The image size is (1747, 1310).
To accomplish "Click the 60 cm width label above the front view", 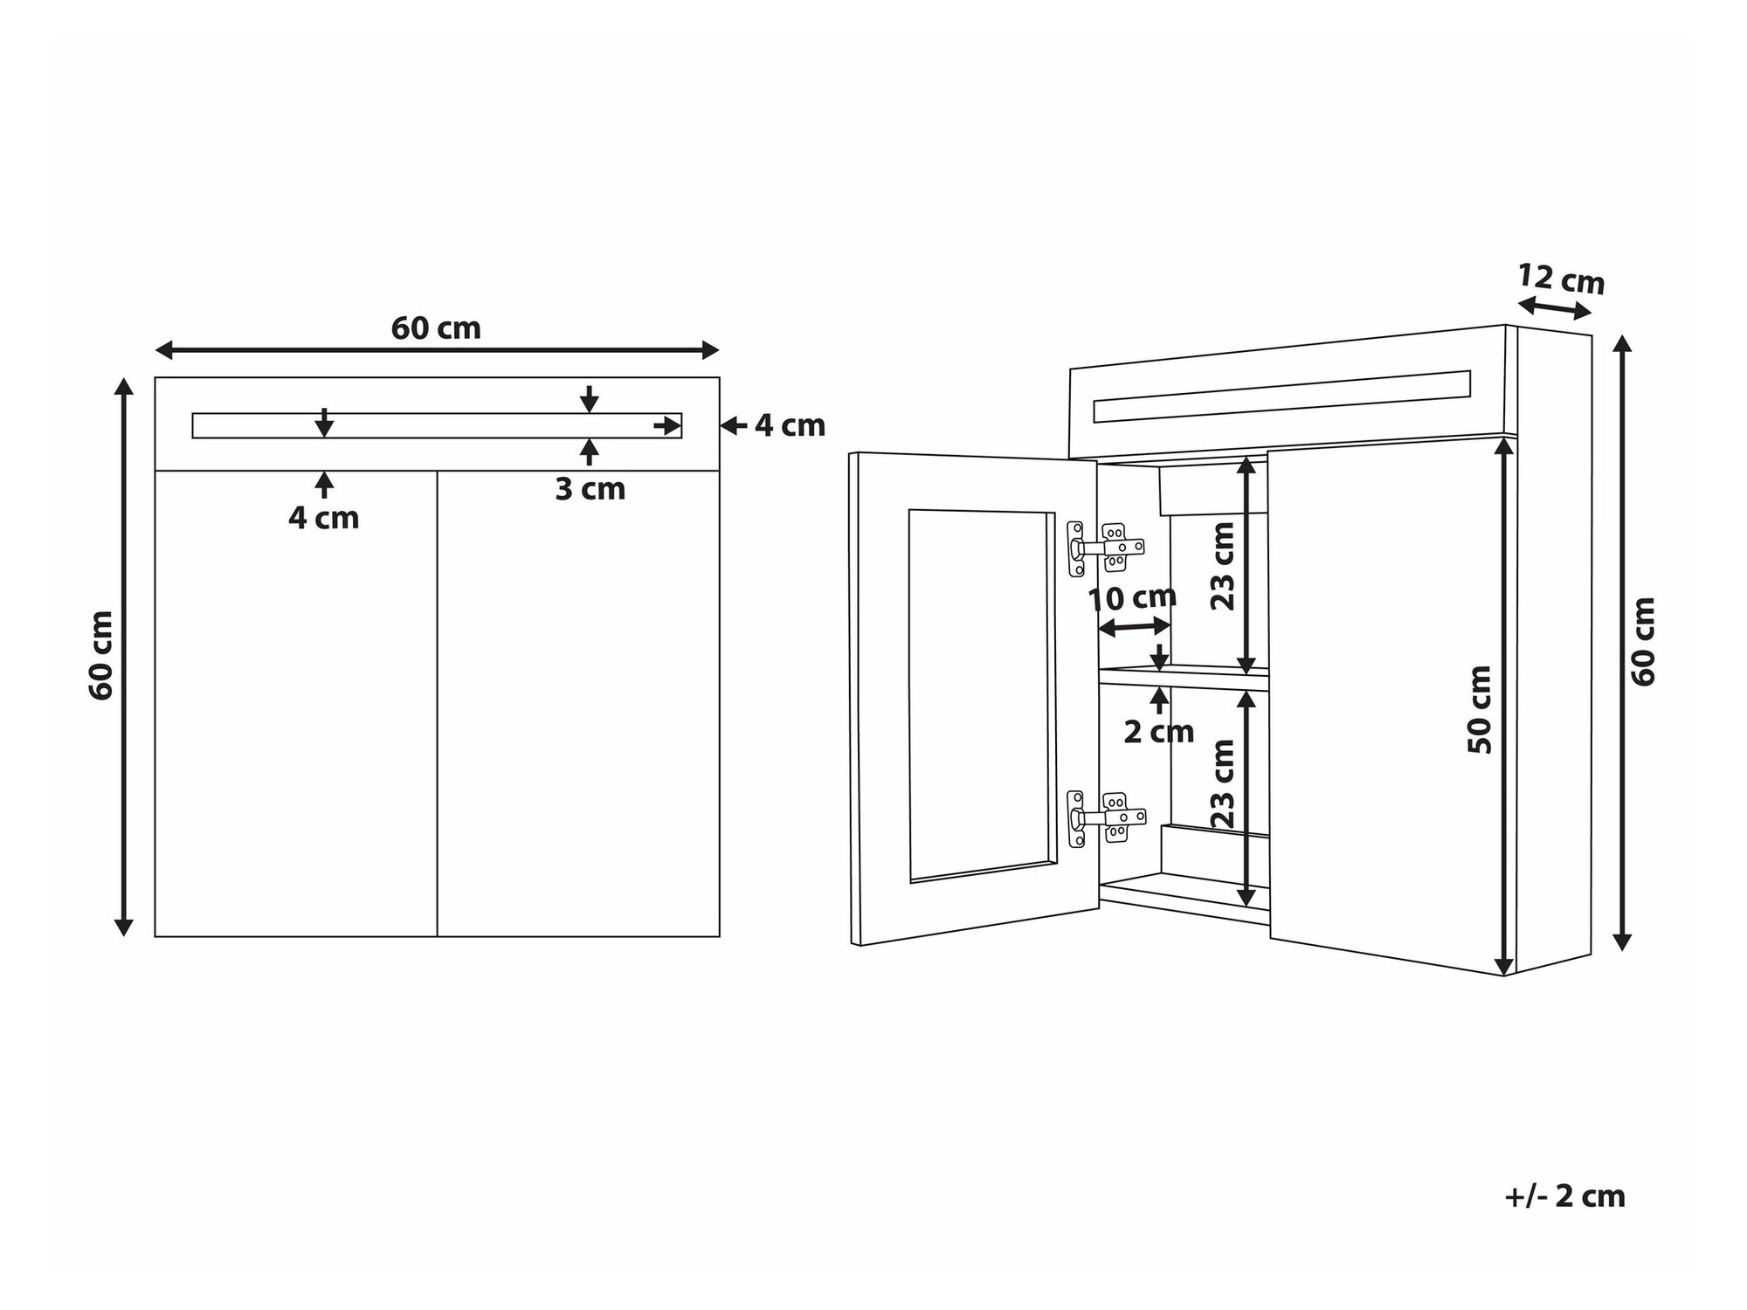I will click(436, 328).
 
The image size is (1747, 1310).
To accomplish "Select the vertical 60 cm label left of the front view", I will click(101, 655).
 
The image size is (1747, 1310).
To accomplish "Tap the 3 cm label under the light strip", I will click(590, 489).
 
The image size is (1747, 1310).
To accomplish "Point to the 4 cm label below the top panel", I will click(323, 518).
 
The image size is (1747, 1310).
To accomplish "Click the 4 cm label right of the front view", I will click(790, 425).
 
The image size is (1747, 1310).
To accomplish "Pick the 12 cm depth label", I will click(1561, 279).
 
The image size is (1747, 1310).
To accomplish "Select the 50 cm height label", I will click(1480, 709).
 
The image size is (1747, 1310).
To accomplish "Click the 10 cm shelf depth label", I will click(1132, 598).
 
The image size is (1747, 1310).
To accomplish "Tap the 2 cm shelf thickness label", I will click(1158, 732).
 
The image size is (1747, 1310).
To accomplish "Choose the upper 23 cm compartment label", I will click(1223, 565).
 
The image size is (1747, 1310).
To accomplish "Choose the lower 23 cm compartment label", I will click(1223, 783).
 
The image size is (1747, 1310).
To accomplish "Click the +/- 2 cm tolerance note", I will click(1564, 1196).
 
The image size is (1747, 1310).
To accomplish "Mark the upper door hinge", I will click(1105, 548).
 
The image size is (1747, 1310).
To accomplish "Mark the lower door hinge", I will click(1105, 817).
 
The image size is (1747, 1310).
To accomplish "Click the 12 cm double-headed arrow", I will click(1555, 308).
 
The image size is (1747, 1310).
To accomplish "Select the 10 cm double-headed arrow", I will click(1134, 626).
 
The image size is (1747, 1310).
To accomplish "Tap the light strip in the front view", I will click(437, 425).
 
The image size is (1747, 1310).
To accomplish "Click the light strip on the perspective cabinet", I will click(1281, 396).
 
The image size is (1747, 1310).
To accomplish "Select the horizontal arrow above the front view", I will click(437, 350).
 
